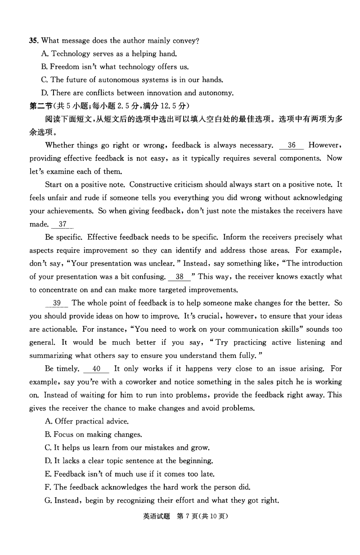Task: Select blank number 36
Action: (x=292, y=145)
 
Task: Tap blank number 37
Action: (x=63, y=224)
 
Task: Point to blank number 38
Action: (x=180, y=277)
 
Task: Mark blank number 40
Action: (x=96, y=369)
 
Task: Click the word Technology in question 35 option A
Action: (x=71, y=54)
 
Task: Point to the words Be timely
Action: (x=62, y=369)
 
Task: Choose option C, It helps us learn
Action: (x=127, y=447)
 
